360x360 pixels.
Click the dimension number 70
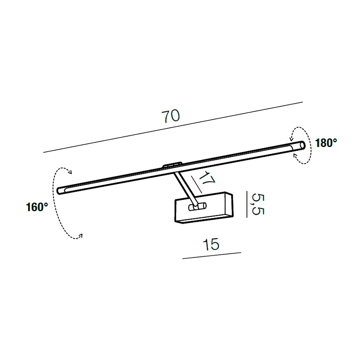click(171, 116)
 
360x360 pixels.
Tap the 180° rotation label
click(326, 143)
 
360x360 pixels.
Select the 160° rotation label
click(37, 207)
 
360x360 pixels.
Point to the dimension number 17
click(207, 178)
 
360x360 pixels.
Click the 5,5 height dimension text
click(258, 204)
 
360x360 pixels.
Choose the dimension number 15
click(211, 244)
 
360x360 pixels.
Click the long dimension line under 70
click(173, 127)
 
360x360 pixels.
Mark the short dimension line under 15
click(211, 256)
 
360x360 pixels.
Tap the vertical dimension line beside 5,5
click(247, 204)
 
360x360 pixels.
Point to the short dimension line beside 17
click(197, 184)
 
